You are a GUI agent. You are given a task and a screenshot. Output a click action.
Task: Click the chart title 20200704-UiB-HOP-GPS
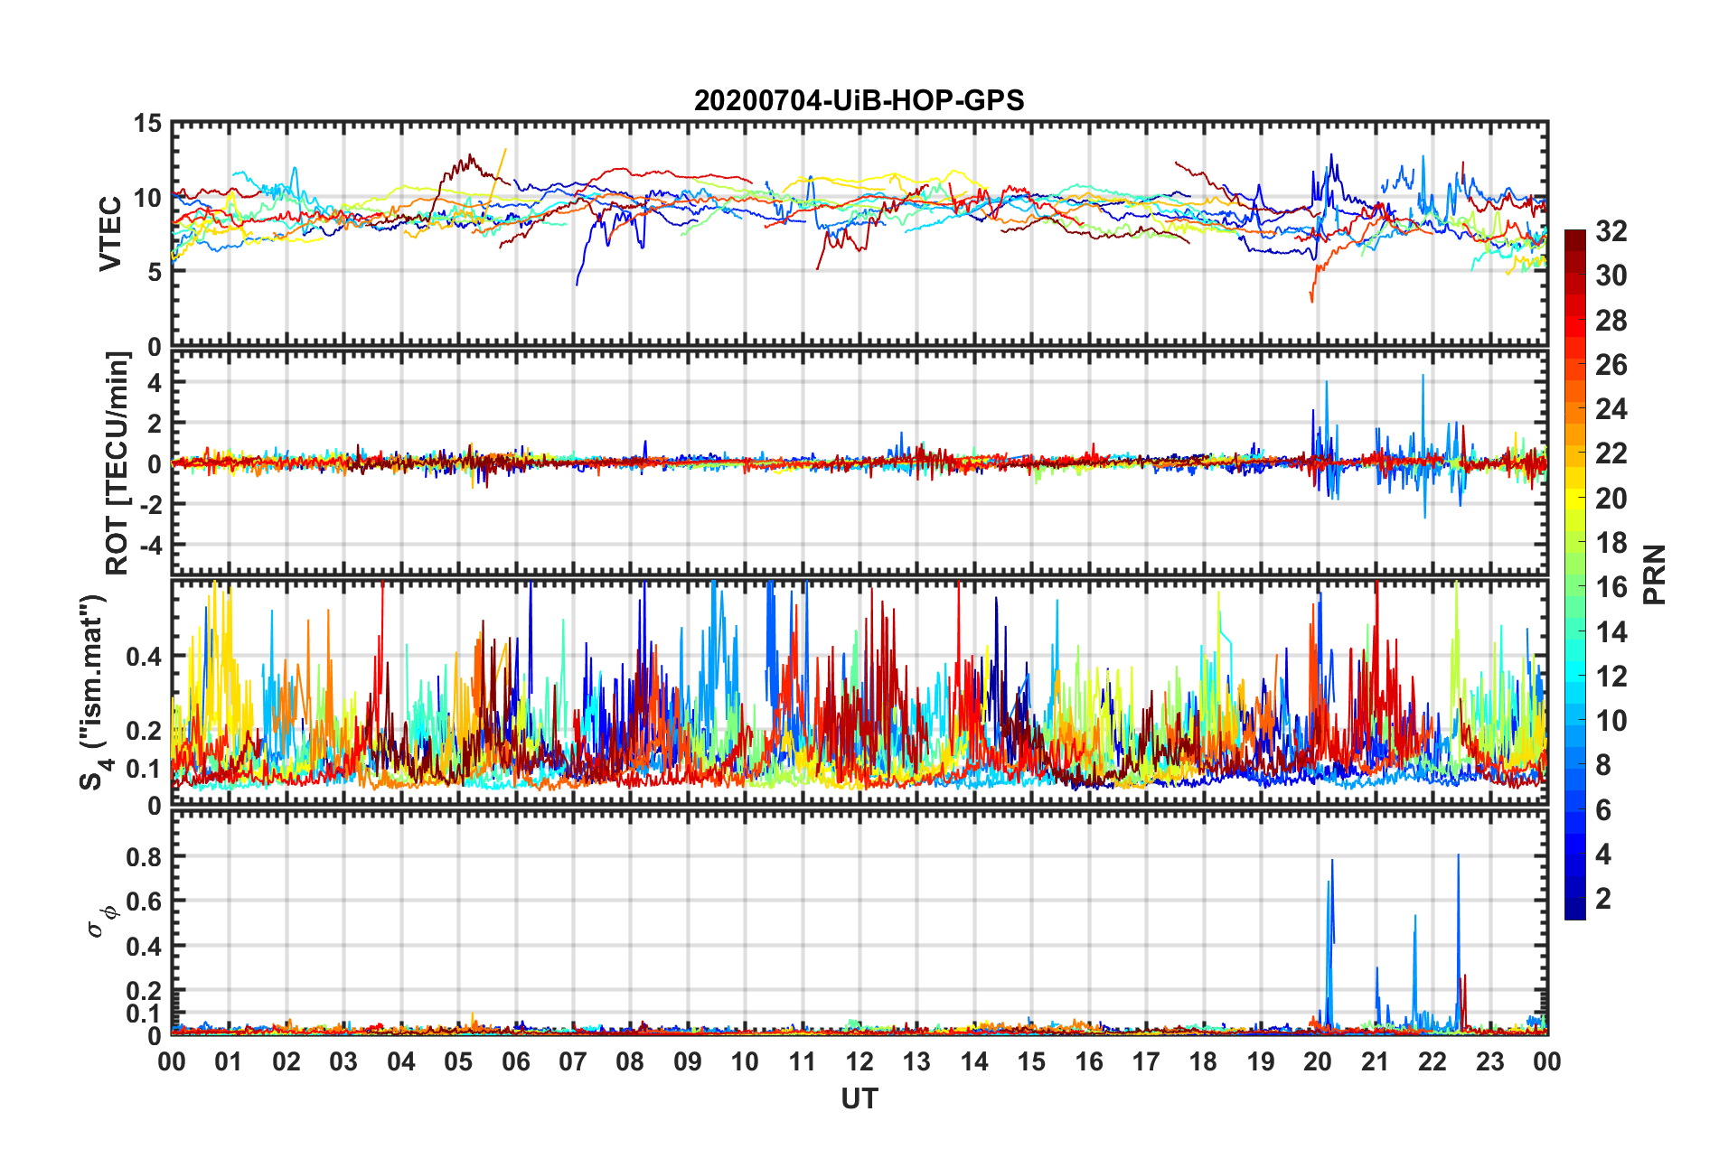[x=859, y=100]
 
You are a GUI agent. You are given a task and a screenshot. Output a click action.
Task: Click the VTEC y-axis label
[x=110, y=234]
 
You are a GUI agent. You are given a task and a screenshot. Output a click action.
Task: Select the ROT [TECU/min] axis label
[x=117, y=463]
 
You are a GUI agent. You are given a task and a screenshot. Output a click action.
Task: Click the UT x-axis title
[x=859, y=1098]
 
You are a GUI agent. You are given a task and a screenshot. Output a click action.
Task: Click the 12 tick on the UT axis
[x=859, y=1061]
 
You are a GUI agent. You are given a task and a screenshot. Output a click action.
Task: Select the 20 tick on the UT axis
[x=1318, y=1061]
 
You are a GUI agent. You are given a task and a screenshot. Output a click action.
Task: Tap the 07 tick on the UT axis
[x=573, y=1061]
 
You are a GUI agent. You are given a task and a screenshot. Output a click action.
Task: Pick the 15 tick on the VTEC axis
[x=147, y=124]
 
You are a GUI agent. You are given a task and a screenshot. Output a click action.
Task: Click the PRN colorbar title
[x=1654, y=574]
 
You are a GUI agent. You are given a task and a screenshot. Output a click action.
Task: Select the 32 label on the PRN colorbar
[x=1611, y=231]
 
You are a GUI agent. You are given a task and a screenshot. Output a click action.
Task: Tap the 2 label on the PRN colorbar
[x=1603, y=898]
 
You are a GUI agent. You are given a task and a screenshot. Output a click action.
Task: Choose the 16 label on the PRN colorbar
[x=1611, y=587]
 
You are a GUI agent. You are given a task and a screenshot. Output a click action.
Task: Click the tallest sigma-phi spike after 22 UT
[x=1458, y=856]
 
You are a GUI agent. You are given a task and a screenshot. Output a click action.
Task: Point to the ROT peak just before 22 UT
[x=1423, y=376]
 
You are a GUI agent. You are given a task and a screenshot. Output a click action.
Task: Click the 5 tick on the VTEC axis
[x=155, y=272]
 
